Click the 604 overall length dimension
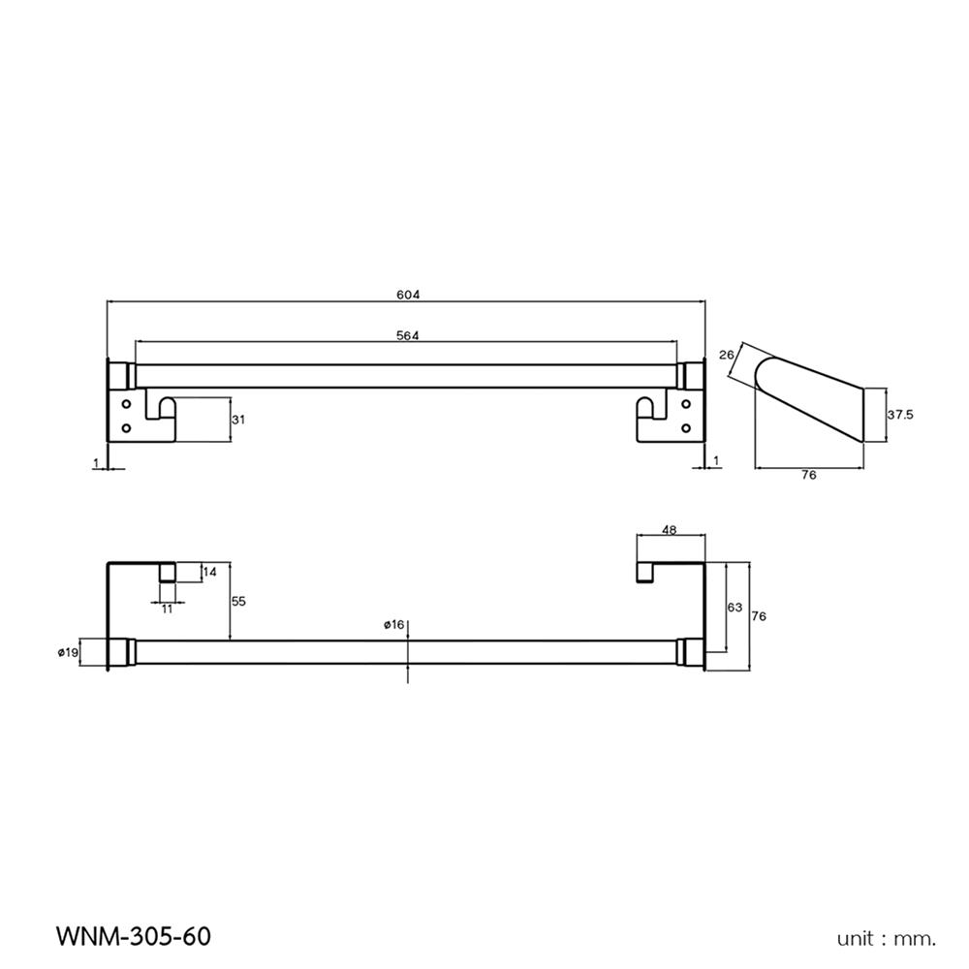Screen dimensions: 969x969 pyautogui.click(x=406, y=294)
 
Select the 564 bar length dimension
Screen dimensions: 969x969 pyautogui.click(x=406, y=334)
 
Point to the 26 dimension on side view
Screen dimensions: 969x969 pyautogui.click(x=728, y=356)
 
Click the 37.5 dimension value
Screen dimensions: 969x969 pyautogui.click(x=900, y=414)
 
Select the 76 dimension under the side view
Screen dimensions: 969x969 pyautogui.click(x=809, y=475)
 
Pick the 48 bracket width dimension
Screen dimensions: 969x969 pyautogui.click(x=670, y=529)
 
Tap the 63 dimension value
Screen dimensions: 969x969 pyautogui.click(x=734, y=607)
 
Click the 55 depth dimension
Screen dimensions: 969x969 pyautogui.click(x=239, y=601)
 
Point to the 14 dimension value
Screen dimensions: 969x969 pyautogui.click(x=210, y=572)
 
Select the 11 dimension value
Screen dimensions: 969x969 pyautogui.click(x=167, y=609)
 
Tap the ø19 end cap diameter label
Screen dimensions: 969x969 pyautogui.click(x=68, y=653)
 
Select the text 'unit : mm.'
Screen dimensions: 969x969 pyautogui.click(x=887, y=938)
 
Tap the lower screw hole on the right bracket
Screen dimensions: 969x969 pyautogui.click(x=686, y=427)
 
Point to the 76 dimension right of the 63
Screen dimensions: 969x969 pyautogui.click(x=760, y=616)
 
